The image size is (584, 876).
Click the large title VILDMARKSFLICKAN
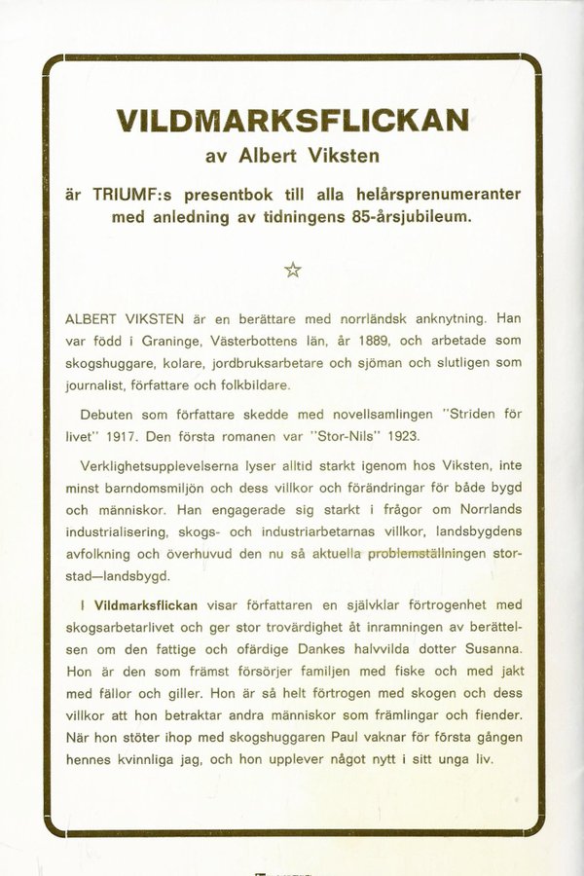tap(292, 121)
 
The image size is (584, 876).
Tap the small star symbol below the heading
tap(292, 271)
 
